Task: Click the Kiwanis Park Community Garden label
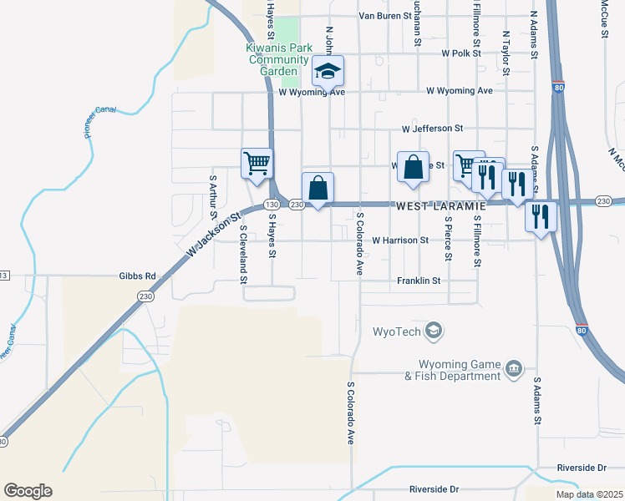click(x=278, y=59)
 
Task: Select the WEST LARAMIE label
click(x=440, y=205)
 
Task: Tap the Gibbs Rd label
click(x=138, y=276)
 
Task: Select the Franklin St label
click(x=419, y=281)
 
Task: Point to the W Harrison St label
click(x=400, y=240)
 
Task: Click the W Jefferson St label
click(x=432, y=129)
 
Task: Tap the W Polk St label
click(x=462, y=53)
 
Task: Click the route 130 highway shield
click(x=271, y=205)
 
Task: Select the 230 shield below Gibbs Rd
click(x=146, y=296)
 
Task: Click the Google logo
click(x=28, y=491)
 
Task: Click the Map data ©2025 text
click(x=588, y=494)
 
